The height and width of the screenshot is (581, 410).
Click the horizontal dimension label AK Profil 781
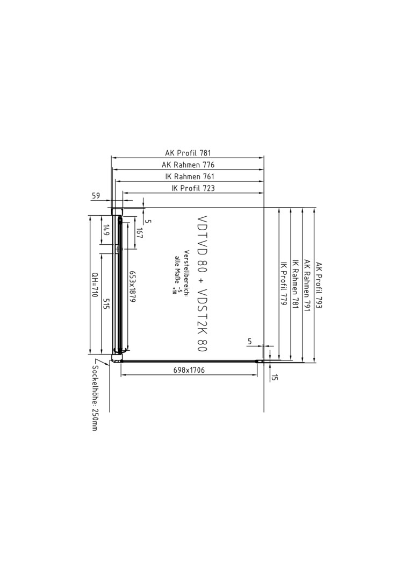click(x=188, y=153)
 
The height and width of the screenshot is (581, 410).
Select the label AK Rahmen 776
click(x=188, y=165)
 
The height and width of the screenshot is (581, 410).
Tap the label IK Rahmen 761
click(x=190, y=176)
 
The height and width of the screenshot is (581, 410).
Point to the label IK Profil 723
click(x=193, y=188)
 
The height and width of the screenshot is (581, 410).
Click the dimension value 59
click(x=96, y=196)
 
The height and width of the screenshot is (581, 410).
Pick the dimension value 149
click(x=106, y=230)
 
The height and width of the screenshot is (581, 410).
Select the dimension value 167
click(x=140, y=233)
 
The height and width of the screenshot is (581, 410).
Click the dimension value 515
click(x=106, y=303)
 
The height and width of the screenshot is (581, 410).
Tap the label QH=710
click(x=95, y=285)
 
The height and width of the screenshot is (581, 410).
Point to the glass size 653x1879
click(x=132, y=286)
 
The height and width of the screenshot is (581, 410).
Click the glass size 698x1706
click(x=189, y=370)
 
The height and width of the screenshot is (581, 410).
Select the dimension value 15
click(x=275, y=378)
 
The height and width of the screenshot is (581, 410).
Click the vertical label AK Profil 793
click(x=319, y=285)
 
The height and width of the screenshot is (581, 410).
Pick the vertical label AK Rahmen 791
click(x=307, y=285)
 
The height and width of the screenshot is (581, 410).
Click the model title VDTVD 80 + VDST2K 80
click(x=203, y=284)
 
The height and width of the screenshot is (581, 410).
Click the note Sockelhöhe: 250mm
click(x=95, y=398)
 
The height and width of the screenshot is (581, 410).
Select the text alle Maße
click(x=177, y=269)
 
